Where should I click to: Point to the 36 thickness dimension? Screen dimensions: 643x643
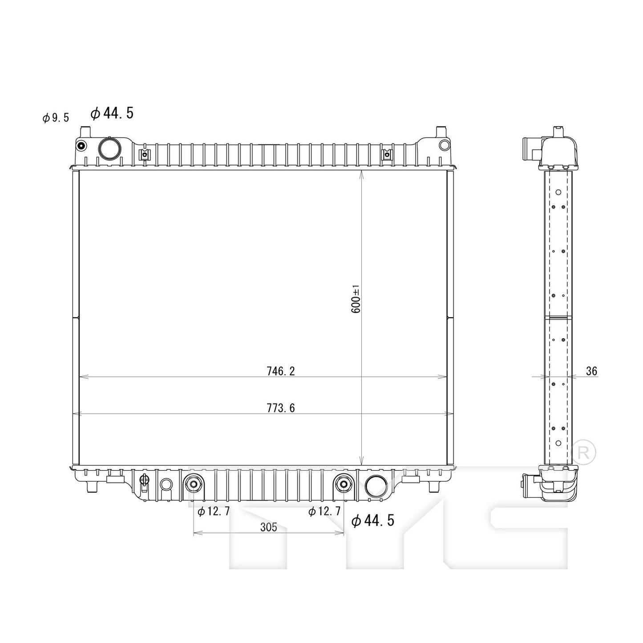coord(591,371)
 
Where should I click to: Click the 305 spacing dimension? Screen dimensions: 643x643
coord(268,527)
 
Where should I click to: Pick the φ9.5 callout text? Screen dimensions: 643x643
coord(56,118)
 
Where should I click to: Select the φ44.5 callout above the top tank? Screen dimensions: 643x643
coord(112,113)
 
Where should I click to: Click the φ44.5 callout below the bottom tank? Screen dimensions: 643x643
coord(372,520)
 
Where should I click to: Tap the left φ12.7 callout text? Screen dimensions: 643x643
coord(214,512)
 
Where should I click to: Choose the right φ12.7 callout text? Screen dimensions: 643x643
coord(324,512)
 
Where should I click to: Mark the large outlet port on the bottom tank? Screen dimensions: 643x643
coord(376,486)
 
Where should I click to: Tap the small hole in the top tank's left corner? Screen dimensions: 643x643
coord(81,146)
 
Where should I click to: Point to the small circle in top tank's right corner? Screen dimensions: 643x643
coord(444,145)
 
